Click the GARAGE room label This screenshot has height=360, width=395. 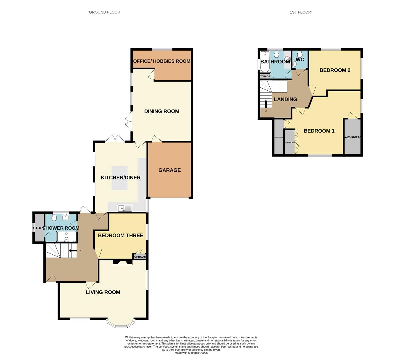click(x=169, y=170)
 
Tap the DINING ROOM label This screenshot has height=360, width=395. click(x=162, y=111)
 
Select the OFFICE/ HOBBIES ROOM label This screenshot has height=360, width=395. click(x=162, y=61)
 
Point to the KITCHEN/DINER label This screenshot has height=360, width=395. click(x=121, y=177)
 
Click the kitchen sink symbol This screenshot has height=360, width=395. click(x=125, y=208)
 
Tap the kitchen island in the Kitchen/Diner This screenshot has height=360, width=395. click(x=119, y=178)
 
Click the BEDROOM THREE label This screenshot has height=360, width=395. click(x=120, y=235)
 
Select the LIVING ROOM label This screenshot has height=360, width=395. click(x=103, y=292)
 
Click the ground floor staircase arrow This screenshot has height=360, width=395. click(x=71, y=251)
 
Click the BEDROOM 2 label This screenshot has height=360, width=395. click(x=335, y=70)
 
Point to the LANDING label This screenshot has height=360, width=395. click(x=285, y=99)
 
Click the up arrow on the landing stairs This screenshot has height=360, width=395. click(x=266, y=104)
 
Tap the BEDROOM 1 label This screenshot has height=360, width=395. click(x=319, y=131)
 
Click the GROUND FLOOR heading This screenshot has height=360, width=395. click(x=104, y=12)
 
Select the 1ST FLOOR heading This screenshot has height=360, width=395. click(x=300, y=12)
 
